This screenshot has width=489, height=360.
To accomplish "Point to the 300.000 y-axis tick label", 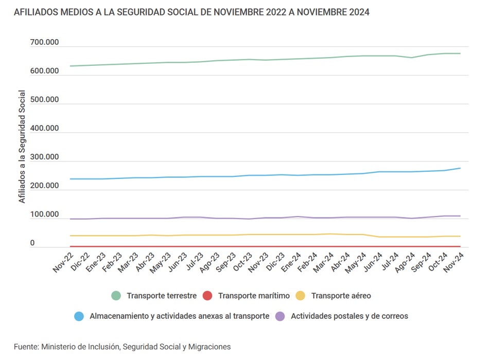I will coord(44,157).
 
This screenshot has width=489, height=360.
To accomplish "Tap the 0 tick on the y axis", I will coord(32,243).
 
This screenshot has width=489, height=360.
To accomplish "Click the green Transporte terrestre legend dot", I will coord(117,296).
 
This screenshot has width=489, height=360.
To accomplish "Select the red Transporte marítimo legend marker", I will coord(207,296).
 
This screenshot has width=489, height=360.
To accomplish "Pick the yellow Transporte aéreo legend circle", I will coord(301,296).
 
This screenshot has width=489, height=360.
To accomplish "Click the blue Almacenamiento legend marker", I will coord(79,316).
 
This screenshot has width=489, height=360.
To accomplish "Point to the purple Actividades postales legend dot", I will coord(280,316).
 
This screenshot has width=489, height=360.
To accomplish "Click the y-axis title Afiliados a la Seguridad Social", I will coord(22,147).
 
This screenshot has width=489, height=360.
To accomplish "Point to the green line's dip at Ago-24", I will coord(411,58).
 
